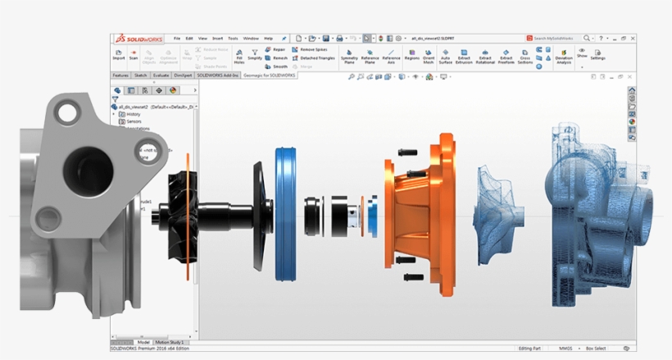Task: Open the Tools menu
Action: pyautogui.click(x=233, y=38)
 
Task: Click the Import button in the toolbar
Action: pyautogui.click(x=119, y=54)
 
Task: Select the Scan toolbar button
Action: pyautogui.click(x=134, y=54)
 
